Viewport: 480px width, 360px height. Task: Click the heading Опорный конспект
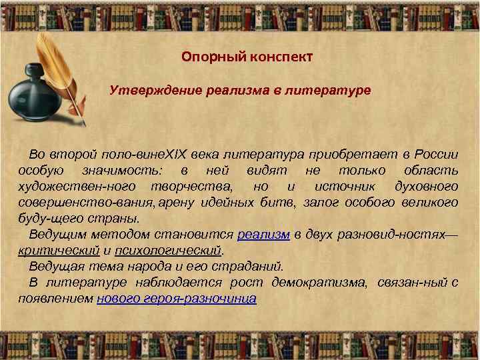(247, 57)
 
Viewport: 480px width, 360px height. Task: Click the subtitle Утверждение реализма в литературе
(240, 89)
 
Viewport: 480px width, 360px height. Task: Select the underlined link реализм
(263, 235)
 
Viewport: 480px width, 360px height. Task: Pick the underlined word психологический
(167, 251)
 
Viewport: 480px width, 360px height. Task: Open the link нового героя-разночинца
(176, 299)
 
